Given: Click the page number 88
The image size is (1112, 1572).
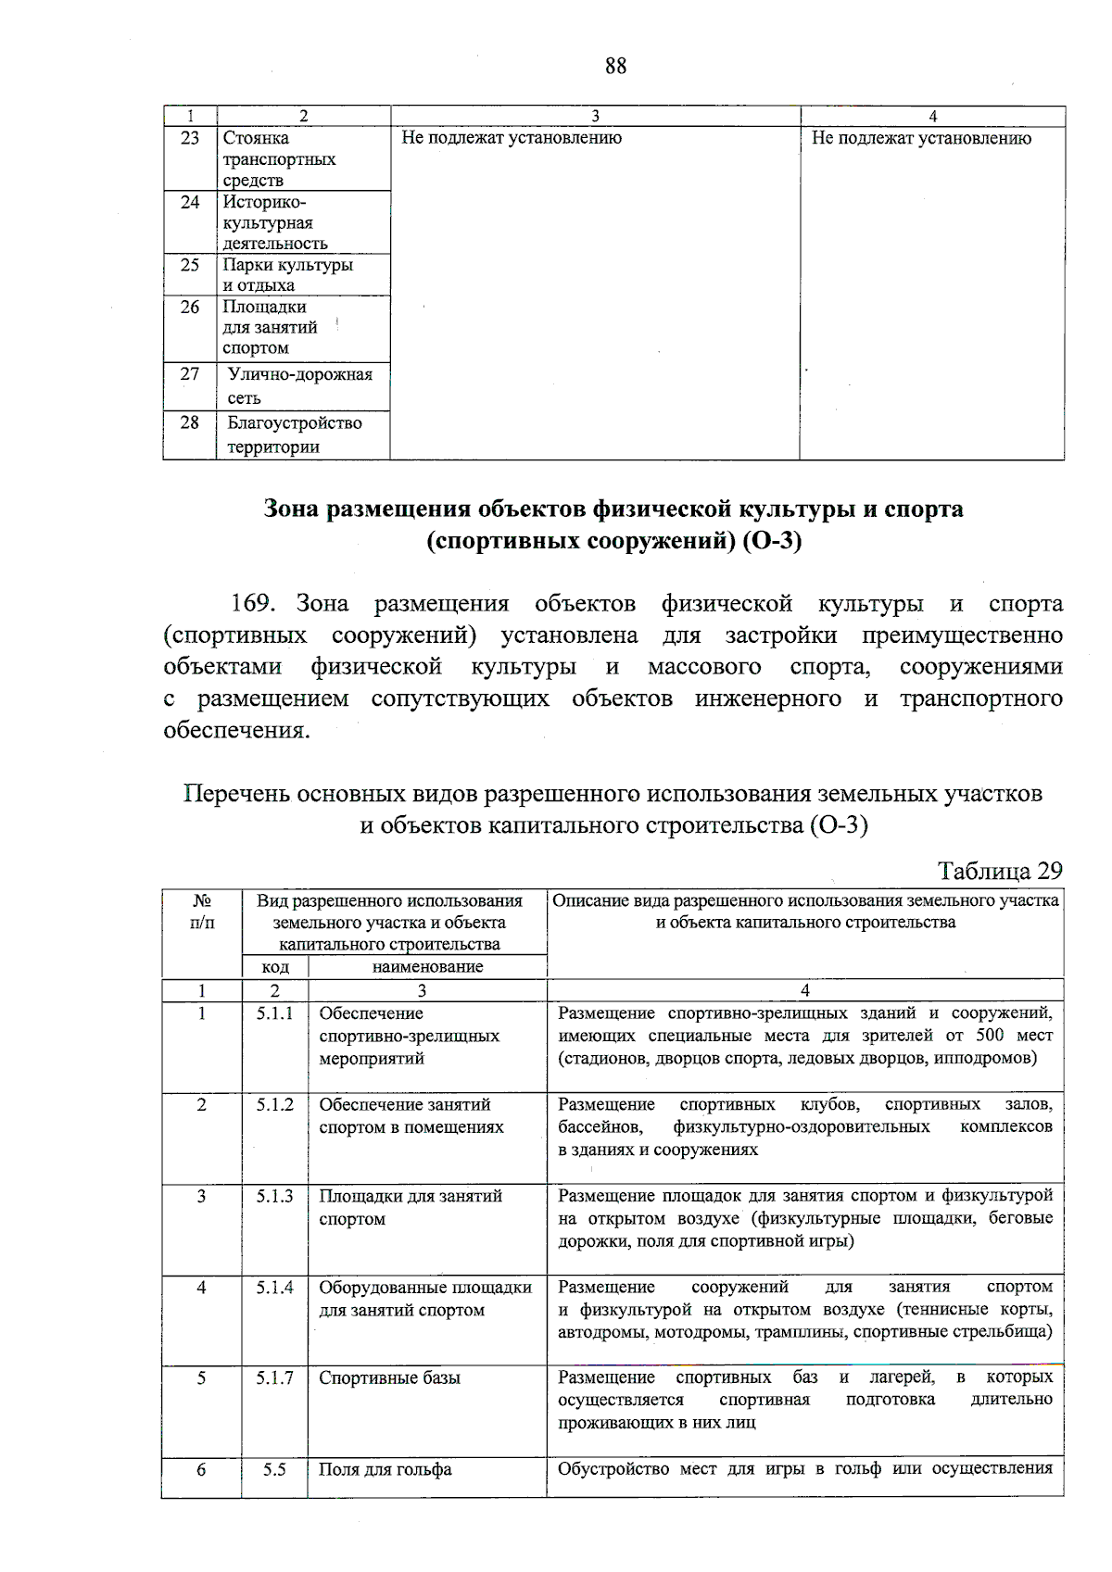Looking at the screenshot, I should coord(615,66).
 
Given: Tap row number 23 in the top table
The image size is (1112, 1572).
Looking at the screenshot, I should coord(189,138).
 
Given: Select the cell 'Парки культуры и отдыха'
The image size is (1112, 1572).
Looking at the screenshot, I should coord(287,275).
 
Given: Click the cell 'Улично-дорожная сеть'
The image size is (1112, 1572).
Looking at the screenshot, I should coord(299,386).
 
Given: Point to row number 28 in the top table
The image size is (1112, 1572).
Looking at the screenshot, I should coord(189,422).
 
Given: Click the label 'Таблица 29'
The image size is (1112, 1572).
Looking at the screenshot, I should coord(999,871).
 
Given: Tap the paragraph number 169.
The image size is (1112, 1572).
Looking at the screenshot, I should coord(252,604).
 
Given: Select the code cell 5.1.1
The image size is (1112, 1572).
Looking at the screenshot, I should coord(274,1013).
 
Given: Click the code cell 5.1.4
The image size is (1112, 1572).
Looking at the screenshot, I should coord(274,1287).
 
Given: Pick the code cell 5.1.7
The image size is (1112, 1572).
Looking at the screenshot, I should coord(274,1377).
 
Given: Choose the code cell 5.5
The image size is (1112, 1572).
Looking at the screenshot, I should coord(274,1469).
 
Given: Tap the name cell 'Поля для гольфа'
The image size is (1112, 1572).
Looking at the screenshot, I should coord(385,1469).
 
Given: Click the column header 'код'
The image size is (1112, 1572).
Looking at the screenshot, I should coord(275,967).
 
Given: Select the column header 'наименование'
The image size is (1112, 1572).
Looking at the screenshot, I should coord(427,967).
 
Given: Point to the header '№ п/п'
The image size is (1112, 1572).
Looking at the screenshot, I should coord(201,912).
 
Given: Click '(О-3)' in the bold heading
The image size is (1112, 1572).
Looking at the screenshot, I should coord(772,540).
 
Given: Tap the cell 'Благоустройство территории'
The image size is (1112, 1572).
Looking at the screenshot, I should coord(295,434).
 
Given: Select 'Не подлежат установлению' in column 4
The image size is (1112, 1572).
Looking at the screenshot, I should coord(921,138).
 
